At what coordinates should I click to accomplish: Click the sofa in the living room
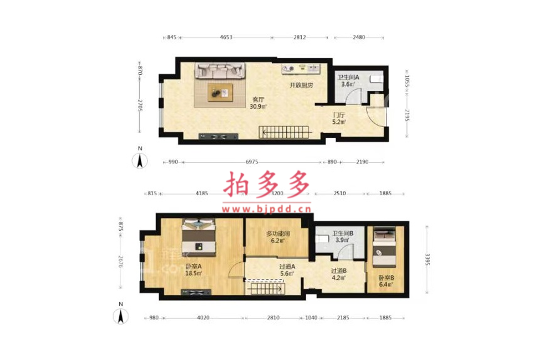tap(220, 71)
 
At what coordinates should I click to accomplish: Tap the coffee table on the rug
tap(220, 93)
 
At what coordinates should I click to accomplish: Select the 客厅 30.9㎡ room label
tap(258, 103)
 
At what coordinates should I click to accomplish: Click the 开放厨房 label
tap(301, 85)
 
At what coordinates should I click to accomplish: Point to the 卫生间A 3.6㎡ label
tap(348, 80)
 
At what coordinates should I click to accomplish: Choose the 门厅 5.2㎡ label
tap(339, 118)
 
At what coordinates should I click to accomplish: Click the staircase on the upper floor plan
tap(284, 132)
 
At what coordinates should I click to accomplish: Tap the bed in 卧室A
tap(199, 238)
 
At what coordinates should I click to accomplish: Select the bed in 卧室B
tap(384, 247)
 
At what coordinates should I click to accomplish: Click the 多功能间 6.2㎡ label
tap(278, 237)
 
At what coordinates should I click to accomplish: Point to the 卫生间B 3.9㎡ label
tap(342, 237)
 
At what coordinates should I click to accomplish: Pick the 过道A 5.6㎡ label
tap(287, 270)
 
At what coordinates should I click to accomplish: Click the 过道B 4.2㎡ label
tap(338, 274)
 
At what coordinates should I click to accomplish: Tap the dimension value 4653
tap(226, 37)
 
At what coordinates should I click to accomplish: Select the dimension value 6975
tap(252, 162)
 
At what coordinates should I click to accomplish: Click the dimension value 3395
tap(427, 260)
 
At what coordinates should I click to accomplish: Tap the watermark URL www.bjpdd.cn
tap(266, 209)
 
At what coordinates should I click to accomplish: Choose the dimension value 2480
tap(359, 37)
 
